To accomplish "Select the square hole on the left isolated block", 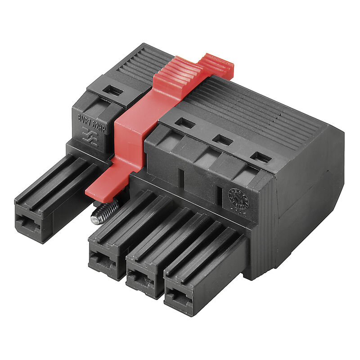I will click(x=112, y=90).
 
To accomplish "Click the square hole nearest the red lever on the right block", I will click(x=185, y=123).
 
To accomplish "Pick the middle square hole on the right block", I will click(x=223, y=140).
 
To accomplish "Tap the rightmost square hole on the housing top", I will click(x=261, y=157).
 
